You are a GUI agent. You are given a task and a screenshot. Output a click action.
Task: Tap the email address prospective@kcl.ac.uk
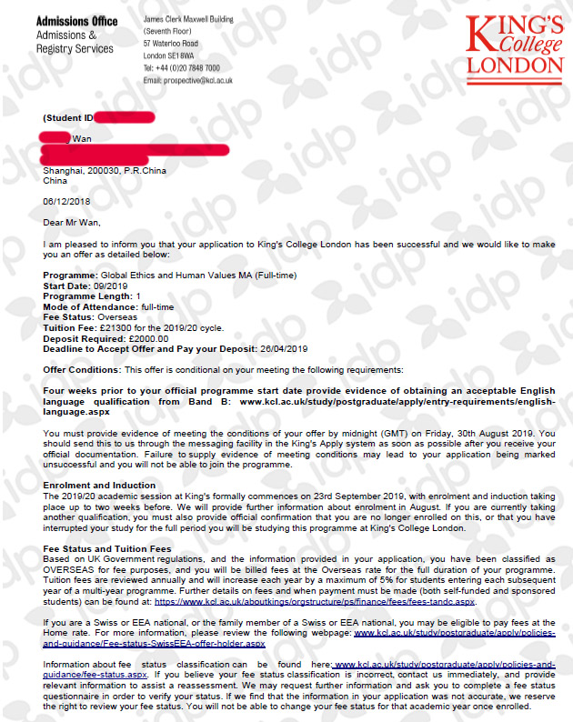pos(188,80)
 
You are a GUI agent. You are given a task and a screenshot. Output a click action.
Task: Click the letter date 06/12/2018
pos(63,202)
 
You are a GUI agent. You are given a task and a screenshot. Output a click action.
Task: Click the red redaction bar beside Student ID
pos(125,117)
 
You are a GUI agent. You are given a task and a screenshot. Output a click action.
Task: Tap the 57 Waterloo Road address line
pos(172,42)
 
